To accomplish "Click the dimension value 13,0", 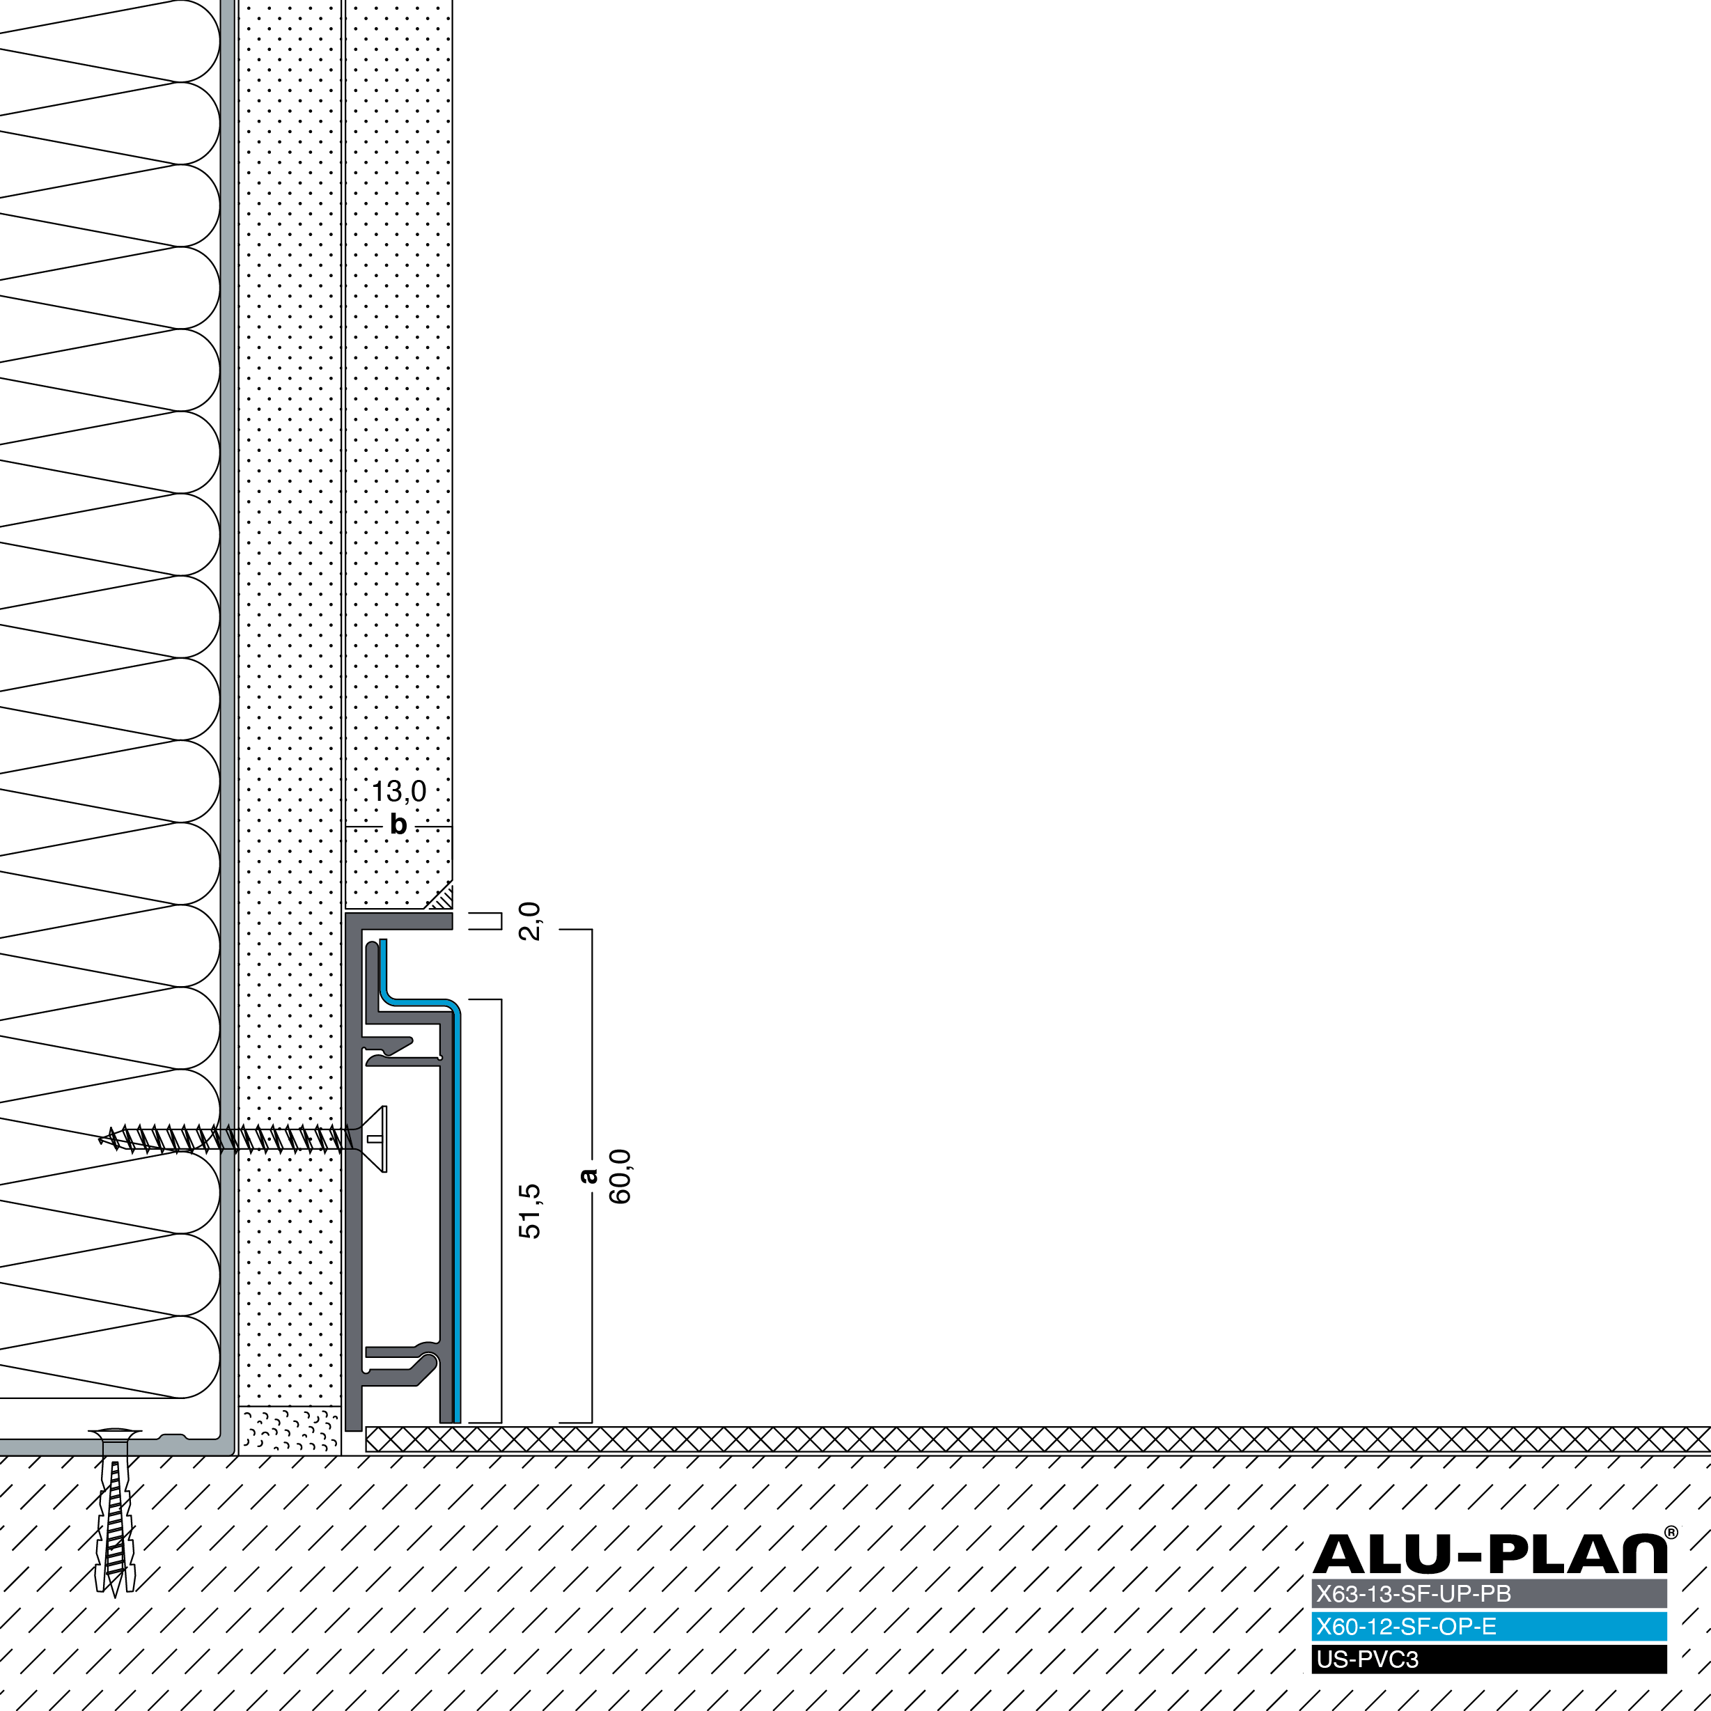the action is [x=398, y=792].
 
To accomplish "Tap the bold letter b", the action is [x=398, y=825].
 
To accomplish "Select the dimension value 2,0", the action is [x=529, y=921].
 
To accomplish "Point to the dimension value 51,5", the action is [x=529, y=1210].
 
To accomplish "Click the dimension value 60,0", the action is [x=620, y=1176].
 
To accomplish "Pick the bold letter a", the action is [x=588, y=1175].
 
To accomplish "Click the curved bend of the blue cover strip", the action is [x=447, y=1007].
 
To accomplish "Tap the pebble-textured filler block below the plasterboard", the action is [x=290, y=1430].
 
